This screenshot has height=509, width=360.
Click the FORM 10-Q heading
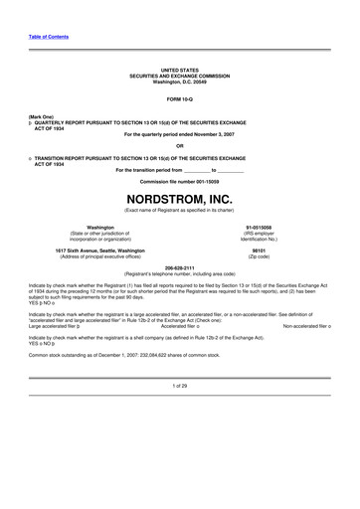pyautogui.click(x=179, y=101)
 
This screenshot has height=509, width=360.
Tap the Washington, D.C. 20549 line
pyautogui.click(x=179, y=82)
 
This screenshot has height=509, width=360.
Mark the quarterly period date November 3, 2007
pyautogui.click(x=207, y=134)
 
